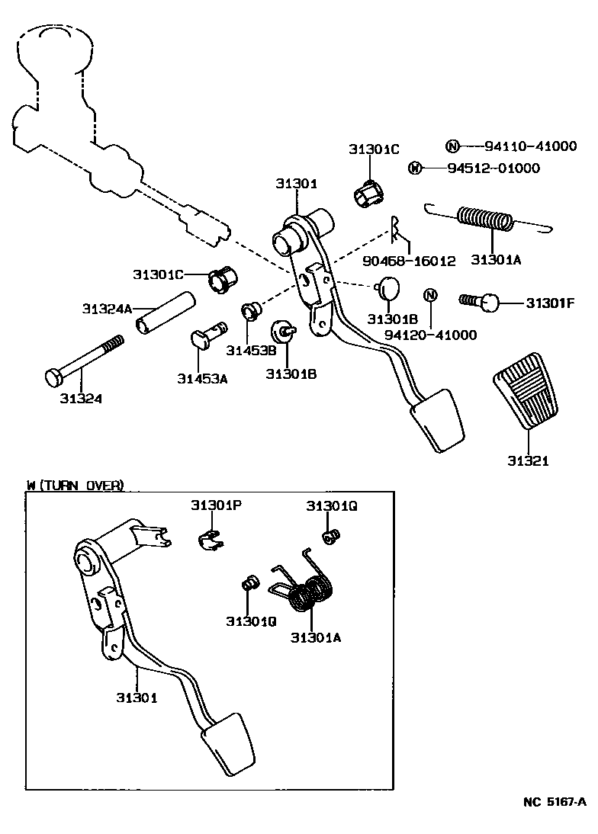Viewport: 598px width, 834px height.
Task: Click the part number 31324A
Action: [x=107, y=309]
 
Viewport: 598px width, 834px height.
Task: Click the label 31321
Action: [x=528, y=461]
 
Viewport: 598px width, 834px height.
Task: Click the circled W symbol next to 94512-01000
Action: [x=415, y=168]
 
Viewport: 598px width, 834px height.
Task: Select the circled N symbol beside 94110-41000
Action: [x=452, y=146]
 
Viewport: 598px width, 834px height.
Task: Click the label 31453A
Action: [x=202, y=378]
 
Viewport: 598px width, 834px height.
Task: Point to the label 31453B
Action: [x=246, y=350]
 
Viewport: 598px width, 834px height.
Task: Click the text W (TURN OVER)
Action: [x=74, y=486]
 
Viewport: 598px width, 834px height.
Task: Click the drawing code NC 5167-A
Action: [x=555, y=802]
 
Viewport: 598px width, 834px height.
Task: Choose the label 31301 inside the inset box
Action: [x=137, y=698]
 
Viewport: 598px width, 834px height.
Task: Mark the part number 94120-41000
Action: [x=430, y=335]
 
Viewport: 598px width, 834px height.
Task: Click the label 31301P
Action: [x=216, y=505]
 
